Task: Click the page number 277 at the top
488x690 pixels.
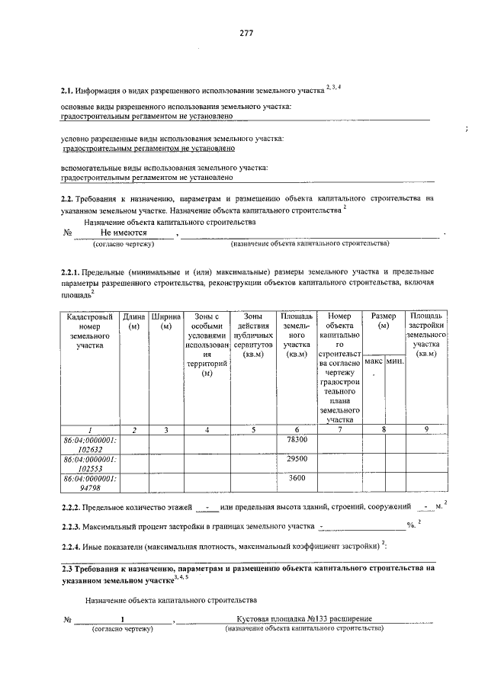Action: [x=246, y=33]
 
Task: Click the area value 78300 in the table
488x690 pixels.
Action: [x=296, y=441]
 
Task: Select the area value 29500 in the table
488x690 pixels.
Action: [x=296, y=460]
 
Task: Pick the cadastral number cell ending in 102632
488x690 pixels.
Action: [x=90, y=445]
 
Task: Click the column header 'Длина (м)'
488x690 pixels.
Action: [x=134, y=321]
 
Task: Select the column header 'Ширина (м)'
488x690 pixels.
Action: [x=165, y=321]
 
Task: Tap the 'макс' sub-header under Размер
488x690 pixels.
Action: [x=374, y=361]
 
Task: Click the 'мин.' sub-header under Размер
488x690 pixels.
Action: [x=395, y=361]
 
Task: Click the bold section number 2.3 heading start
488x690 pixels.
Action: [x=67, y=568]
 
